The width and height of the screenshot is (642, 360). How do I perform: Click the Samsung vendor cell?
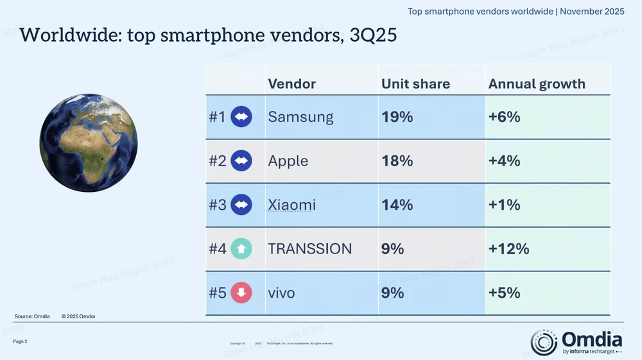[x=300, y=117]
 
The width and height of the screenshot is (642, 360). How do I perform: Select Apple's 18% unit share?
[x=397, y=161]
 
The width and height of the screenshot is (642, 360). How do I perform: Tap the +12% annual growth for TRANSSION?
[x=508, y=249]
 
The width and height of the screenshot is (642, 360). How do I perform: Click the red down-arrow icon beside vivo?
[x=241, y=293]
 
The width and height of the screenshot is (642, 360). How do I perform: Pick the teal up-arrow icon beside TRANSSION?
[x=241, y=249]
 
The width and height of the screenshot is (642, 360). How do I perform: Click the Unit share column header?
[x=415, y=84]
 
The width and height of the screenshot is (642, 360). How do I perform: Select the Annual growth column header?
[x=537, y=84]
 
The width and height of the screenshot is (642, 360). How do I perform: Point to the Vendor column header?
[x=291, y=84]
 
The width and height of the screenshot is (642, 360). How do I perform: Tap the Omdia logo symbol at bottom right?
[x=544, y=342]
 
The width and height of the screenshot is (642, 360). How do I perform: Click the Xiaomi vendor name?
[x=291, y=205]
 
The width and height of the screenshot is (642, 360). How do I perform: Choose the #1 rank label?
[x=218, y=117]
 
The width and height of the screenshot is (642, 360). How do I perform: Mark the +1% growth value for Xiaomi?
[x=504, y=205]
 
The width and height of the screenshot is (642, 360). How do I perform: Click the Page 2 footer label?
[x=20, y=341]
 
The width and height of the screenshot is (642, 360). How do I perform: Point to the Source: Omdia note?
[x=32, y=316]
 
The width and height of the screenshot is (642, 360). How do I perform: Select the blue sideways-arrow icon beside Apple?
[x=241, y=161]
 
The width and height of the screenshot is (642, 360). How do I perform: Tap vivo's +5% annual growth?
[x=504, y=293]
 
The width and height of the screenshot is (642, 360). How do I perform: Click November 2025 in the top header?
[x=593, y=12]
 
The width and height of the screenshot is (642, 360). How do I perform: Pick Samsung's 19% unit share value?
[x=397, y=117]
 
